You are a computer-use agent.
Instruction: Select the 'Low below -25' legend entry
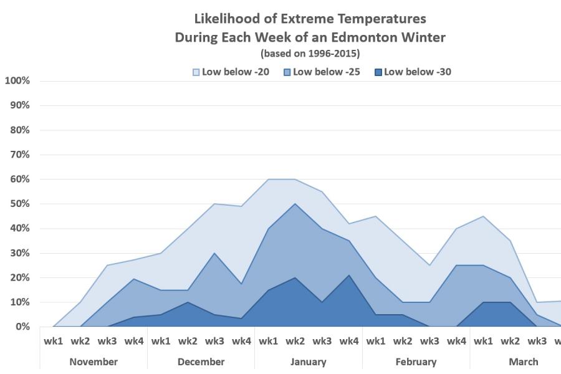[323, 72]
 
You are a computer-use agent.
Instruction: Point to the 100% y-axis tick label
[17, 81]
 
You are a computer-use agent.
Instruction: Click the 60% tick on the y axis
[20, 180]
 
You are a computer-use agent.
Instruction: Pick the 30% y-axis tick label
[20, 253]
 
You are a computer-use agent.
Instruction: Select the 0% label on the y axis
[22, 327]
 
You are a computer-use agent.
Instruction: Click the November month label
[93, 362]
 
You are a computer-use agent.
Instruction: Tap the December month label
[201, 362]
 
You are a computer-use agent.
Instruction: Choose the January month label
[309, 362]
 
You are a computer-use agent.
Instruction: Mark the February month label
[416, 362]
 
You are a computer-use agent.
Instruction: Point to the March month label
[524, 362]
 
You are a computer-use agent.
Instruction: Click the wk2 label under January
[295, 341]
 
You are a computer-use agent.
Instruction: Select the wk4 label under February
[456, 341]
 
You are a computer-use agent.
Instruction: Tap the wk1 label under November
[54, 341]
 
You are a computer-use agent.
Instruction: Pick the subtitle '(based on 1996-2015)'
[310, 53]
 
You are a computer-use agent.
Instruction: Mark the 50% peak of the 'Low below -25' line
[295, 204]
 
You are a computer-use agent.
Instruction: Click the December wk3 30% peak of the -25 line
[215, 253]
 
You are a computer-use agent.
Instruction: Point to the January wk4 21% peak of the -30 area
[349, 275]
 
